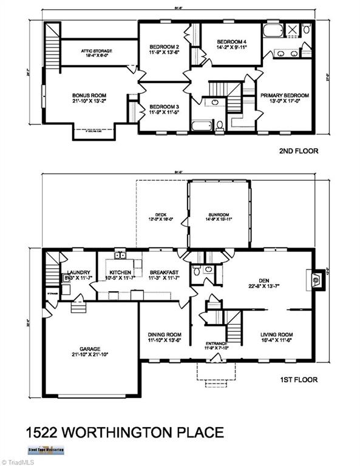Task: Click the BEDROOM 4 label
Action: (x=232, y=42)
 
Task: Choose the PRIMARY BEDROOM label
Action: (x=284, y=95)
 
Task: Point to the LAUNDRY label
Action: (x=79, y=272)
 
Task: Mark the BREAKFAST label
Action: (x=165, y=272)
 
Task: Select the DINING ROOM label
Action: (x=165, y=334)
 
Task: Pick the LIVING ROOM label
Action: (x=277, y=334)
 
